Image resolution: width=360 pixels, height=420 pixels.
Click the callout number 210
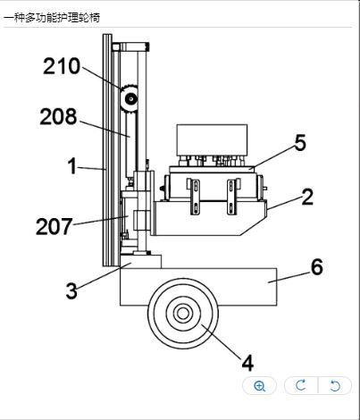pyautogui.click(x=62, y=66)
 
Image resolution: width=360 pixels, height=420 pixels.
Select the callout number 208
pyautogui.click(x=58, y=116)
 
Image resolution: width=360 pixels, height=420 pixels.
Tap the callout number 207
pyautogui.click(x=54, y=226)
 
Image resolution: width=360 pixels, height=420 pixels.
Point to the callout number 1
pyautogui.click(x=72, y=166)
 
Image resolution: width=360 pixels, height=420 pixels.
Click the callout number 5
pyautogui.click(x=300, y=143)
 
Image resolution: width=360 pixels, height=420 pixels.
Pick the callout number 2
pyautogui.click(x=307, y=197)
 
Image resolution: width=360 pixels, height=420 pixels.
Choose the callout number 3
pyautogui.click(x=71, y=290)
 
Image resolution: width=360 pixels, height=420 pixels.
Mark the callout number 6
pyautogui.click(x=317, y=266)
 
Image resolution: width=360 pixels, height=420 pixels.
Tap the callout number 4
pyautogui.click(x=247, y=363)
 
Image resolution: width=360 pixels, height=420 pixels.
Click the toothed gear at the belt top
pyautogui.click(x=130, y=98)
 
